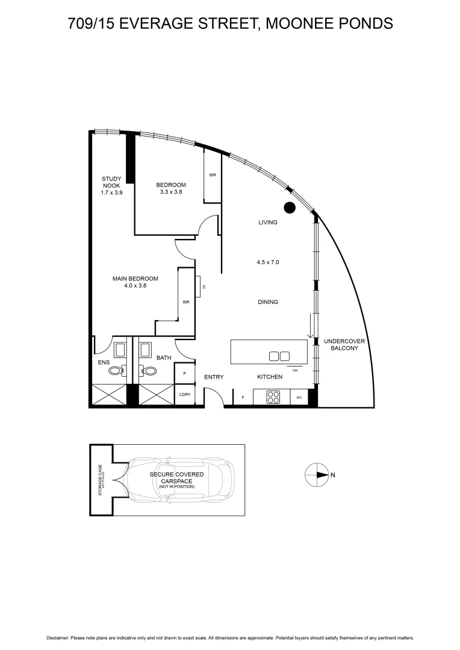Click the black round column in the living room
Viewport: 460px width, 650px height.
290,208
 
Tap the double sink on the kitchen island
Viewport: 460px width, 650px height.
279,356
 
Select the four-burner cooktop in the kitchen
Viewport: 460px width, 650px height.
273,397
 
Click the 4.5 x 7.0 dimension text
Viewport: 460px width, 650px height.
268,262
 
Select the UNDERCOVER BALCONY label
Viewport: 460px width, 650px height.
341,344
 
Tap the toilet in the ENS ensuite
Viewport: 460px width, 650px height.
116,372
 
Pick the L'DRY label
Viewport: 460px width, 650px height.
184,396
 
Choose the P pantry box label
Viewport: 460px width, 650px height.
184,374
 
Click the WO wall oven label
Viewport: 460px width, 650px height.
299,398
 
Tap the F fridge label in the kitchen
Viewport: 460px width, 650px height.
243,398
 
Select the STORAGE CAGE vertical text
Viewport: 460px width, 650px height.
101,480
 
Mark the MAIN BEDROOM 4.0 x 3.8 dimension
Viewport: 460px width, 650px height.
135,286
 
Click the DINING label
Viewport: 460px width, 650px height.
268,302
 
